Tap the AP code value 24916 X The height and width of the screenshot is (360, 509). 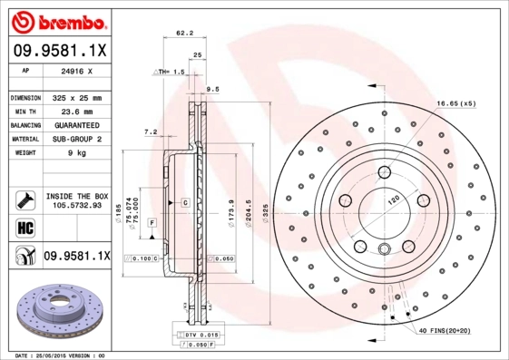[x=77, y=70]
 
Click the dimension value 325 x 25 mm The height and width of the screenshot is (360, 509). [x=77, y=97]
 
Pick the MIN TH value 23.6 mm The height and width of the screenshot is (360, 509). [x=77, y=111]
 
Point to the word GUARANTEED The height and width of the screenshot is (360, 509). [x=77, y=125]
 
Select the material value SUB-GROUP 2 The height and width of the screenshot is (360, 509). [x=77, y=139]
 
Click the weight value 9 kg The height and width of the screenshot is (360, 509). [x=77, y=153]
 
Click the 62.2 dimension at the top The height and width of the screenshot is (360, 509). [x=184, y=34]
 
